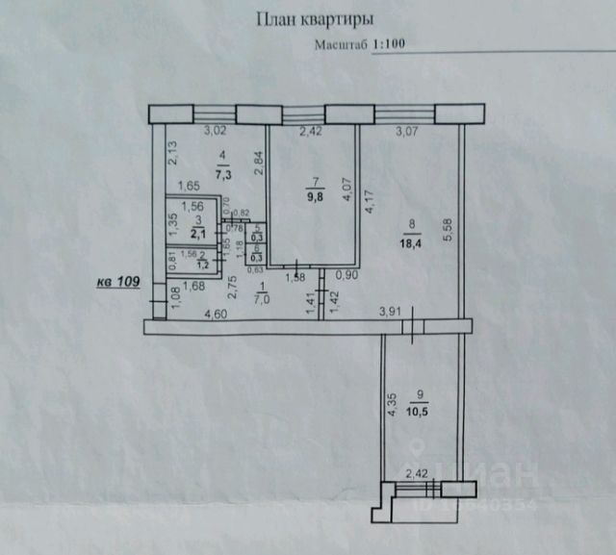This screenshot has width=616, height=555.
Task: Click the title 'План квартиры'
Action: coord(315,18)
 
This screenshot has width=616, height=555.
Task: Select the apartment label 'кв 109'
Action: coord(118,282)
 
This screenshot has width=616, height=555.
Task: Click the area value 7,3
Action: coord(223,175)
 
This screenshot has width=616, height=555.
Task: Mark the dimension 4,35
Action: coord(391,405)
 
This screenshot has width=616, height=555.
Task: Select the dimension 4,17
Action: coord(368,201)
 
